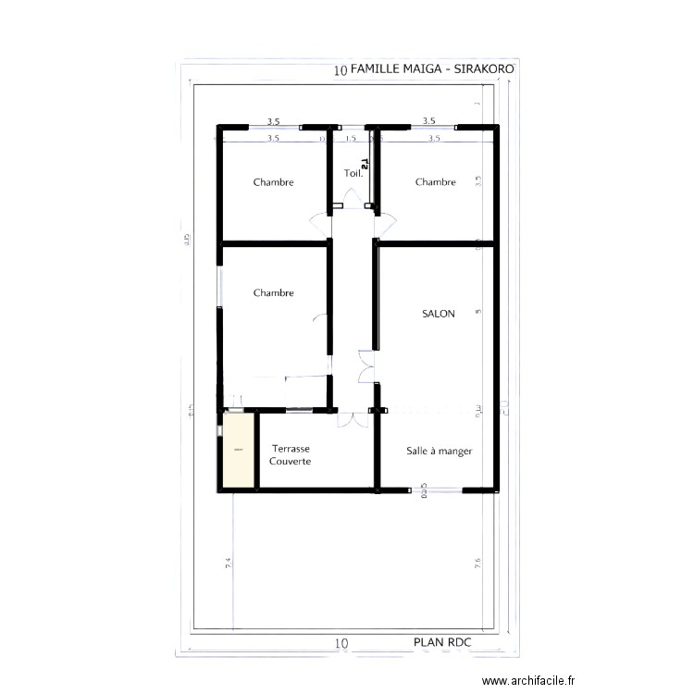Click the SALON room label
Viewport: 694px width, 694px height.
pyautogui.click(x=438, y=315)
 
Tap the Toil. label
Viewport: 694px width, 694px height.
pyautogui.click(x=353, y=173)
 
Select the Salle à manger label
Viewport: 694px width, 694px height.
pyautogui.click(x=440, y=452)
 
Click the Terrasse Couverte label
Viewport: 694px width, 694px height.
pyautogui.click(x=291, y=454)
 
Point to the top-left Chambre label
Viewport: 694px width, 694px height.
pyautogui.click(x=273, y=182)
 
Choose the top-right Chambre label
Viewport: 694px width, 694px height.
pyautogui.click(x=435, y=182)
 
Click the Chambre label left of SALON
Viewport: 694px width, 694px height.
pyautogui.click(x=273, y=293)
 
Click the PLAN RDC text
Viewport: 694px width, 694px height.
pyautogui.click(x=441, y=641)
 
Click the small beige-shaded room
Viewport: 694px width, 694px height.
pyautogui.click(x=239, y=450)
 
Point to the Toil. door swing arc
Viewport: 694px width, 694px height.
pyautogui.click(x=353, y=196)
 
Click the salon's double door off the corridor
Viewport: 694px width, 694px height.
pyautogui.click(x=366, y=367)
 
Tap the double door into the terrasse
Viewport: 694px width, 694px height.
pyautogui.click(x=352, y=418)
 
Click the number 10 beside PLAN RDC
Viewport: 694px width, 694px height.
pyautogui.click(x=341, y=642)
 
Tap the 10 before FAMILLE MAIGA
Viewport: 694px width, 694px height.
pyautogui.click(x=341, y=70)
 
